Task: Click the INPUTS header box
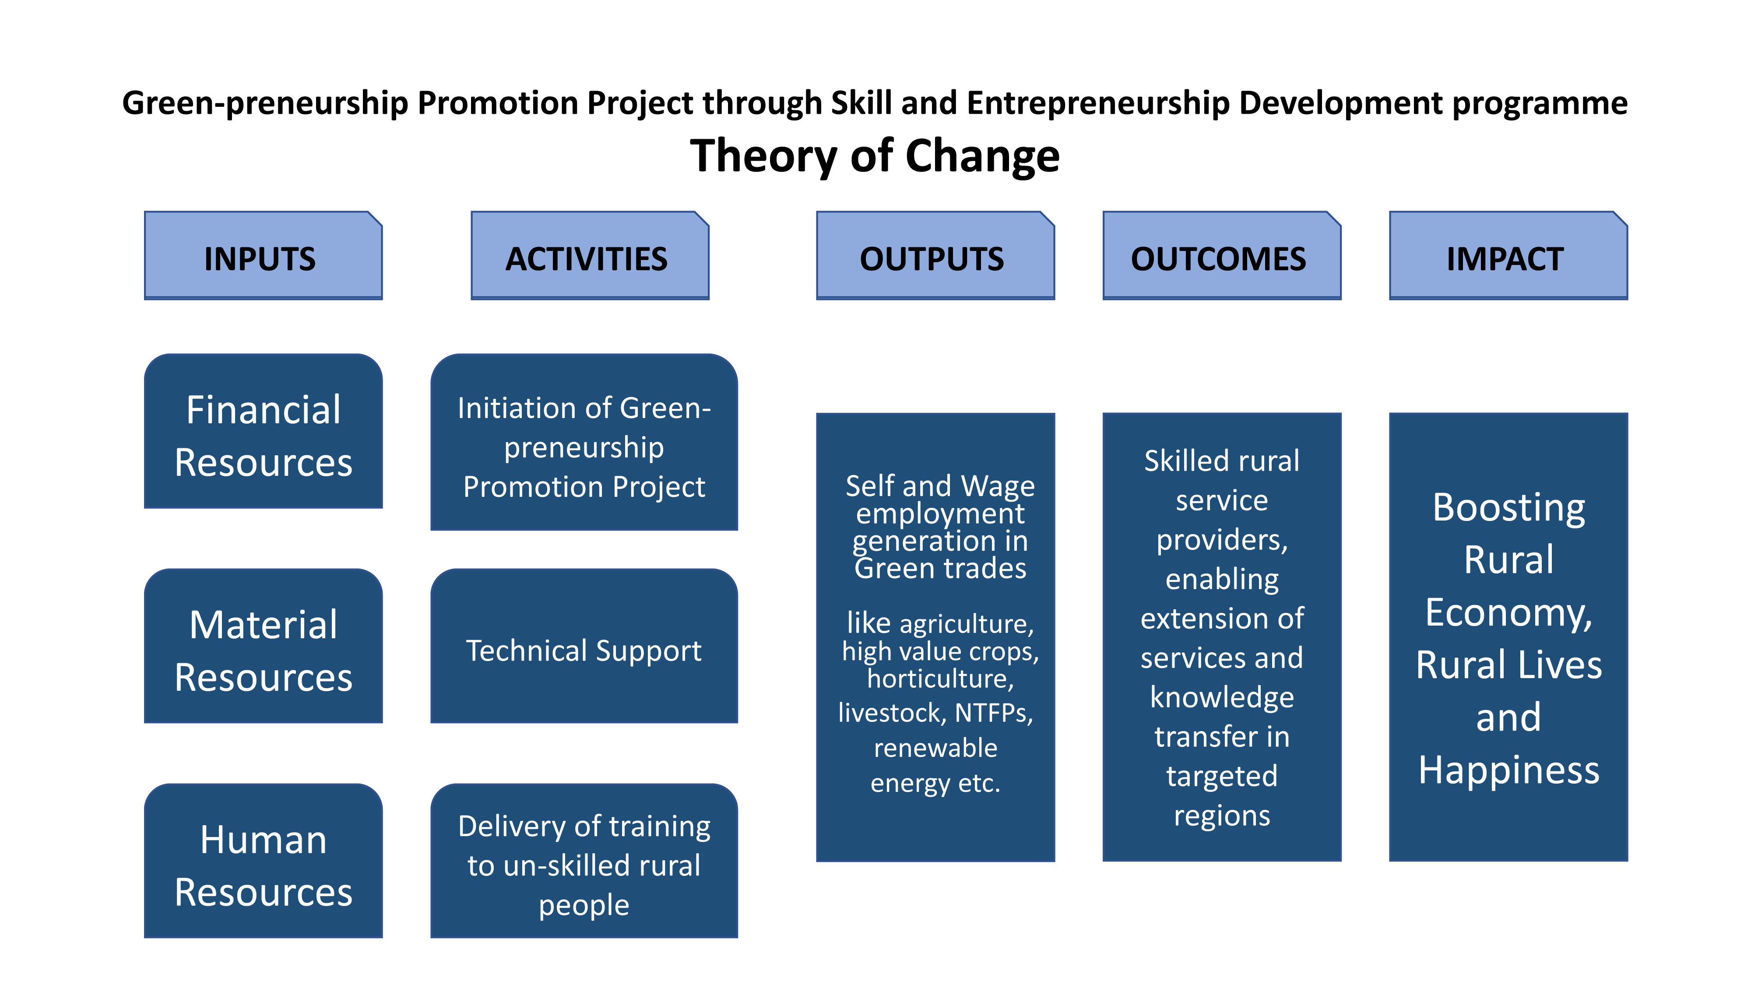click(x=263, y=255)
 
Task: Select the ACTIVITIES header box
click(x=590, y=255)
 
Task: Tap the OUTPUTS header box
click(x=935, y=255)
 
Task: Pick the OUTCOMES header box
click(x=1221, y=255)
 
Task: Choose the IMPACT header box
click(x=1508, y=255)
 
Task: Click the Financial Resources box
click(x=263, y=431)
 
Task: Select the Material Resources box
click(x=263, y=646)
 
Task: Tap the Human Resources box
click(x=263, y=861)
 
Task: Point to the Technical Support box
click(x=584, y=646)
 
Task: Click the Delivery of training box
click(x=584, y=861)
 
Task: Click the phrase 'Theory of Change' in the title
click(x=875, y=156)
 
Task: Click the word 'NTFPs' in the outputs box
click(x=994, y=713)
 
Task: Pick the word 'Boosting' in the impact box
click(x=1509, y=508)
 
